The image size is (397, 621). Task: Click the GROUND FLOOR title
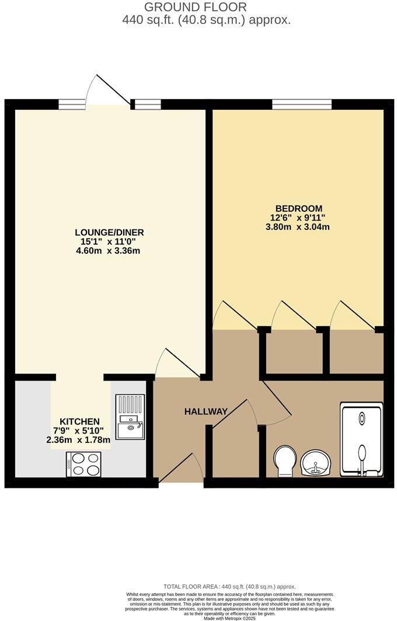(x=195, y=7)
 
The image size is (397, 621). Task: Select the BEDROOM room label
(x=299, y=208)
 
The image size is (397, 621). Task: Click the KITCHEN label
(x=79, y=421)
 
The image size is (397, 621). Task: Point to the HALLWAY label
(x=206, y=411)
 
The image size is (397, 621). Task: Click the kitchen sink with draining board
(x=130, y=417)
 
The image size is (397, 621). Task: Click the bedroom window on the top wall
(x=302, y=104)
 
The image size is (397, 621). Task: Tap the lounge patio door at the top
(x=109, y=93)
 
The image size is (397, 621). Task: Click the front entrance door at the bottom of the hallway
(x=181, y=470)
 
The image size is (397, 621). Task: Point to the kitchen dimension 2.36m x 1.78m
(x=78, y=440)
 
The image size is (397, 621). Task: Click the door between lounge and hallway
(x=179, y=364)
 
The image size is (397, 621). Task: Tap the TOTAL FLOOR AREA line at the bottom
(x=229, y=587)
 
